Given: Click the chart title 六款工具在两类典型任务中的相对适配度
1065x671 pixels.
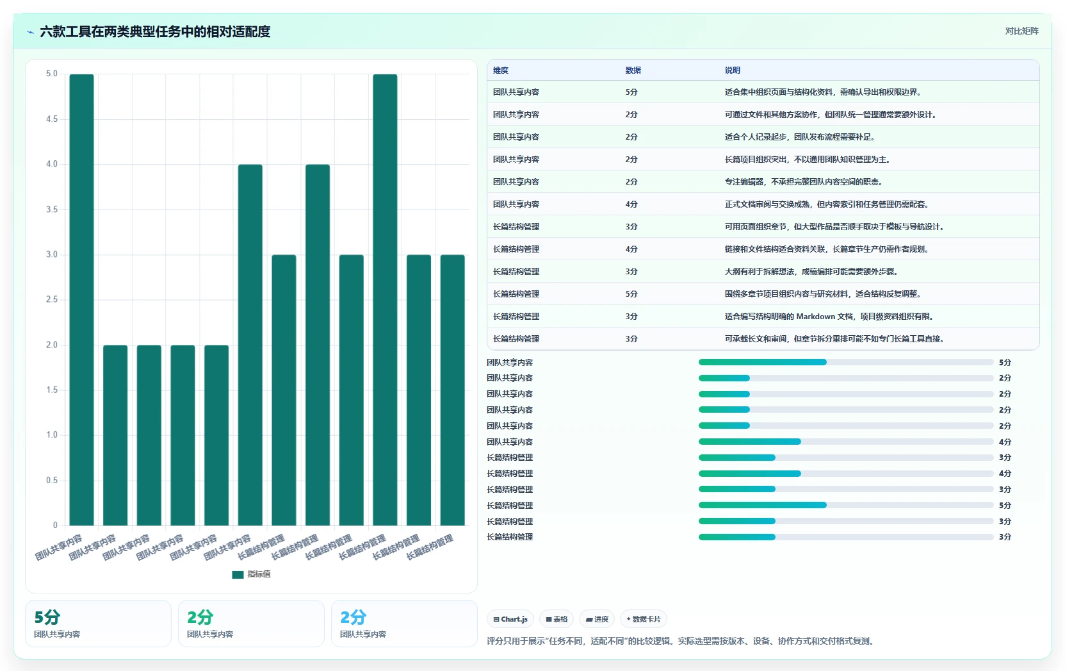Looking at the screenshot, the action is click(x=155, y=31).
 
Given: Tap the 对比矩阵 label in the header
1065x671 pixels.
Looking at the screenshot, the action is click(x=1021, y=31).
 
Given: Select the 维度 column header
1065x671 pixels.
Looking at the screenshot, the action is click(x=501, y=70).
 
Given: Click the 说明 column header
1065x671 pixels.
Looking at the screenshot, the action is click(x=732, y=70).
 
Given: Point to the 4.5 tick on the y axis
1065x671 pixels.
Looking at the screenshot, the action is click(x=52, y=119).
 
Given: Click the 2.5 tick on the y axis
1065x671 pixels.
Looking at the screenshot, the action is click(x=52, y=299).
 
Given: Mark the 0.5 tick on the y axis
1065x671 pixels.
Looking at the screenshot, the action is click(x=52, y=480).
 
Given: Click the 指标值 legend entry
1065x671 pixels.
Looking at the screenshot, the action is click(x=251, y=574).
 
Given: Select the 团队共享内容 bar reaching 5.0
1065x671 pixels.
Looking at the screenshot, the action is click(x=82, y=300).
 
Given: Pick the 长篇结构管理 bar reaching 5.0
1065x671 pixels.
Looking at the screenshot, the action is click(x=385, y=300).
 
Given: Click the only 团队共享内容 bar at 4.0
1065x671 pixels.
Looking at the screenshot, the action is click(x=250, y=345).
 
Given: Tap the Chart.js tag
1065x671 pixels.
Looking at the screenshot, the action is click(x=510, y=619).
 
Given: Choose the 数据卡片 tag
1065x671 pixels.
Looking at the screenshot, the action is click(x=643, y=619).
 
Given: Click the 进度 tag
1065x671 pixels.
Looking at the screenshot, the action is click(x=597, y=619).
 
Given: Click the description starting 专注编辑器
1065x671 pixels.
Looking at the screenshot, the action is click(x=804, y=182).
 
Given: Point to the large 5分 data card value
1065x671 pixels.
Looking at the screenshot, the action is click(x=47, y=617).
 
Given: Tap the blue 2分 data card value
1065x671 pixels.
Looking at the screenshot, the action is click(x=354, y=617).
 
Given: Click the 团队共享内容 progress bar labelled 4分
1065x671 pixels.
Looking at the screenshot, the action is click(x=846, y=442).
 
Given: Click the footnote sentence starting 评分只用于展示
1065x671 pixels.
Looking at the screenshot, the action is click(x=681, y=641).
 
